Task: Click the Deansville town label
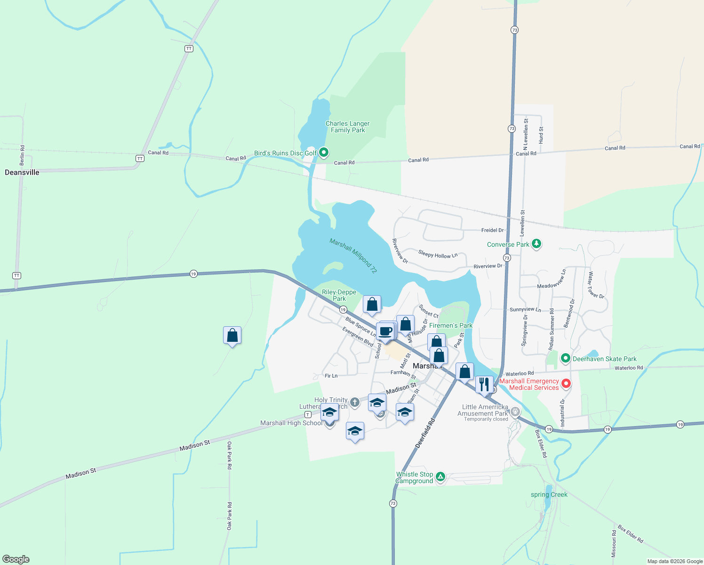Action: click(x=22, y=172)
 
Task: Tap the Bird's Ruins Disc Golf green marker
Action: click(x=324, y=153)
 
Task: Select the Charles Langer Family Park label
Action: click(x=348, y=127)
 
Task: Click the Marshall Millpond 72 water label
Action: click(x=353, y=256)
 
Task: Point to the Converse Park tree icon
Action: click(x=536, y=244)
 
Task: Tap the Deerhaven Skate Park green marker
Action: click(x=566, y=359)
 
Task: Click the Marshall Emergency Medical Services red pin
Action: click(x=566, y=384)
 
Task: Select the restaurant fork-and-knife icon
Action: click(x=484, y=384)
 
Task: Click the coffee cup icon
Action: click(x=385, y=331)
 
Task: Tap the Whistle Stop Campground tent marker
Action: click(x=440, y=477)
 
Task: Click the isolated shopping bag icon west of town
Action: click(x=232, y=335)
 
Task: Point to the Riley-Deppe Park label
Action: click(x=339, y=295)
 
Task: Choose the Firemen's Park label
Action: click(x=451, y=325)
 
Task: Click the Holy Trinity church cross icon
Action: click(x=355, y=402)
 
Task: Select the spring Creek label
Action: click(x=549, y=494)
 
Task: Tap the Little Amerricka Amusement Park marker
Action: click(x=515, y=412)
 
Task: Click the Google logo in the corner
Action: click(x=16, y=559)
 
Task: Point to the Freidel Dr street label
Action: click(x=492, y=230)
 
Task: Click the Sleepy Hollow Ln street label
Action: click(x=438, y=255)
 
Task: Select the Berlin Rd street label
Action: click(x=22, y=155)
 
